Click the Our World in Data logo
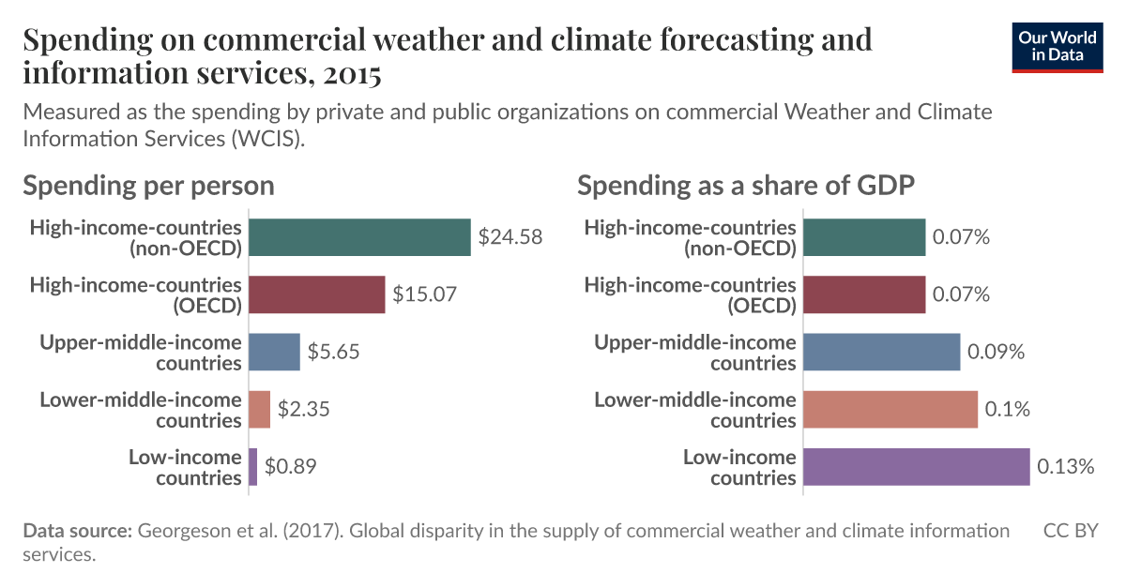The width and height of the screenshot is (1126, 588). coord(1058,45)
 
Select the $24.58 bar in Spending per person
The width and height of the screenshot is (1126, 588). coord(359,237)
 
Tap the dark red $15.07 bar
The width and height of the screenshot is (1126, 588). coord(317,294)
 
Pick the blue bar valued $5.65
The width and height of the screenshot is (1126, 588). coord(274,352)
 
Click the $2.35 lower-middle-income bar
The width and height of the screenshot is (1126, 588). coord(259,409)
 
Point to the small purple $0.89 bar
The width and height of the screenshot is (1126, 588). coord(252,467)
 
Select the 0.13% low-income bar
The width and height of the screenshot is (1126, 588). coord(917,467)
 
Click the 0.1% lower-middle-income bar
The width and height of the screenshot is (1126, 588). coord(890,409)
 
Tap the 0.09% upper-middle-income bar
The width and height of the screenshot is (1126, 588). coord(882,352)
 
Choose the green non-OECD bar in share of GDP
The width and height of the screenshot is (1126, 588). coord(864,237)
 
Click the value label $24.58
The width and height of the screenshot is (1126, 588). coord(510,237)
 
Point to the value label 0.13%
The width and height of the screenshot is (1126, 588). coord(1065,467)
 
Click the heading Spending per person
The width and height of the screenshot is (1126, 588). coord(148,185)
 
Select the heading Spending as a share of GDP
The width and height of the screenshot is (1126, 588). coord(745,185)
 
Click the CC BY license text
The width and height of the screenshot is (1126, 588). coord(1071,531)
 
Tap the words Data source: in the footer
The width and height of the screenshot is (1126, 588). coord(78,531)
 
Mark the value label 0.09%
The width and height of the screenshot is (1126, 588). coord(997,352)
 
